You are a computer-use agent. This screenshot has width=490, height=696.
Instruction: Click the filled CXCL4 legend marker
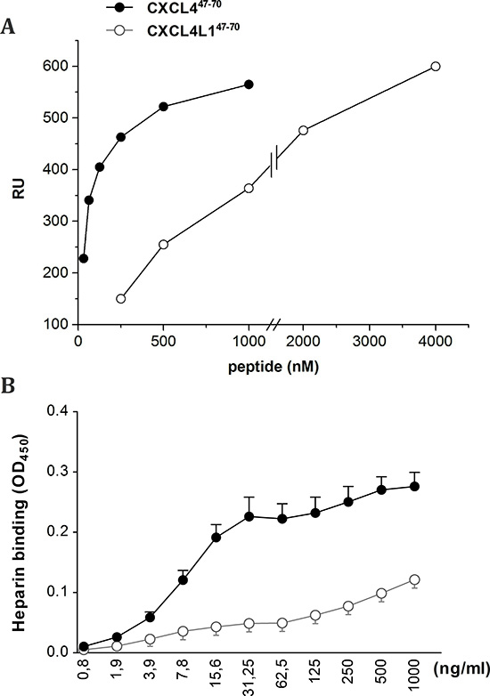point(120,8)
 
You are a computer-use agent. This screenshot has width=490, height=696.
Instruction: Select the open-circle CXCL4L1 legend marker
point(120,30)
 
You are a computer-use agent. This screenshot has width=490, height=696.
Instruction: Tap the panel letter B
point(7,385)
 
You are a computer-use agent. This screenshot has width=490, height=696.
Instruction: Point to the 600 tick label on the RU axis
point(55,66)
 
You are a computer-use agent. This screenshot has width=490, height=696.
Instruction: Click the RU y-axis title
point(18,189)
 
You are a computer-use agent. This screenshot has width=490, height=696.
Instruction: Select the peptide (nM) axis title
point(274,367)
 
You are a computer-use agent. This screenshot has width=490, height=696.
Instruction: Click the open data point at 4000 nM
point(436,67)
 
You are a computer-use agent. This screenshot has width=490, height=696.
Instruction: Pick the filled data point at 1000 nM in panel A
point(249,85)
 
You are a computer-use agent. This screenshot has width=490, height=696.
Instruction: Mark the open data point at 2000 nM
point(304,131)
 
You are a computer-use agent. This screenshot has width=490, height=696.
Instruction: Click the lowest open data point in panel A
point(120,299)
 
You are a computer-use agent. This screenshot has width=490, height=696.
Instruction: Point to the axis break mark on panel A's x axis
point(274,325)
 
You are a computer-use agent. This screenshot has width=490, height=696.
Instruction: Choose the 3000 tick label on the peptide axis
point(370,343)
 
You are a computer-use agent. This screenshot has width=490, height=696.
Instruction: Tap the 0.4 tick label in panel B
point(58,411)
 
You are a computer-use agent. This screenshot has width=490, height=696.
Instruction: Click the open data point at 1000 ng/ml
point(414,579)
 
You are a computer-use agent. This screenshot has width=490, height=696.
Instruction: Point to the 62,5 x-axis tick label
point(282,674)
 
